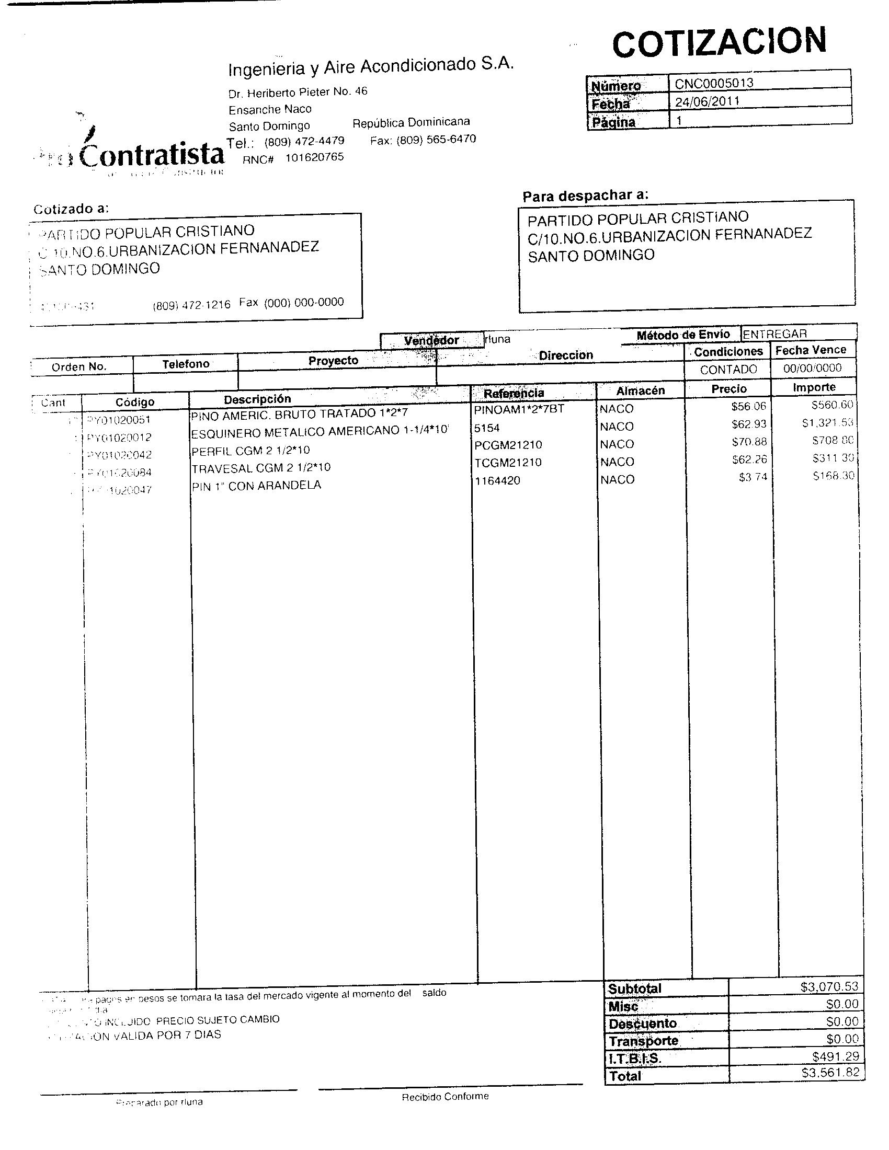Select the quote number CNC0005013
(x=714, y=83)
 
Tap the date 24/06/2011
(x=708, y=100)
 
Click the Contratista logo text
(x=153, y=155)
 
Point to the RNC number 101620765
(x=314, y=157)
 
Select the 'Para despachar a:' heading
(x=585, y=195)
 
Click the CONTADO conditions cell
(x=728, y=370)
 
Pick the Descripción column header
(x=257, y=399)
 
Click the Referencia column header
(x=514, y=393)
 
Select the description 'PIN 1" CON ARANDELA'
(x=256, y=486)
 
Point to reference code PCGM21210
(x=508, y=445)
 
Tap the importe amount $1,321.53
(x=827, y=423)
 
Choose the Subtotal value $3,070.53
(x=829, y=986)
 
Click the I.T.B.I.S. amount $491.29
(x=835, y=1056)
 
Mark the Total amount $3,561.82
(x=830, y=1073)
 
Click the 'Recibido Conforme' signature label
(x=445, y=1096)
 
